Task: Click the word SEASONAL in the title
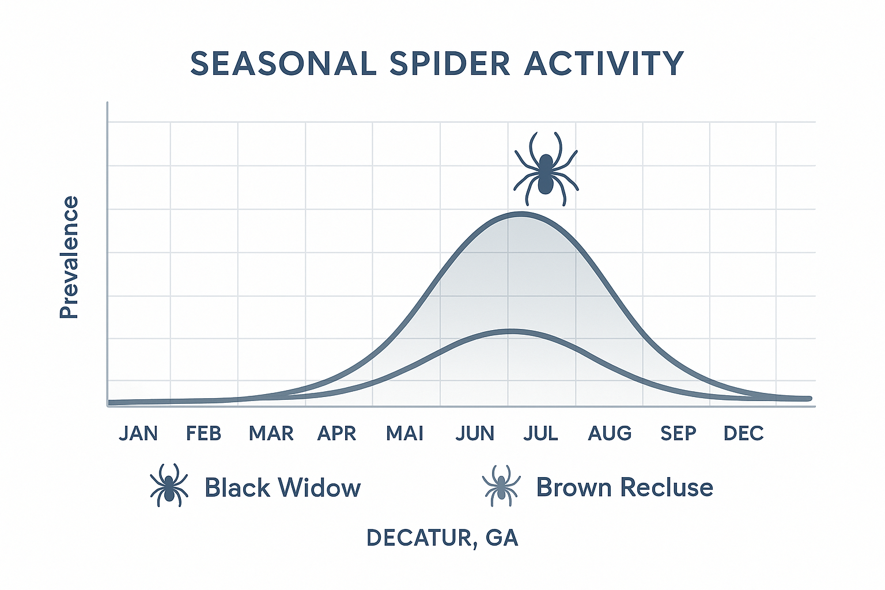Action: [x=283, y=63]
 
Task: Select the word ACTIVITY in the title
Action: [x=604, y=63]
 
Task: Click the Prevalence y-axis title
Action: [x=69, y=257]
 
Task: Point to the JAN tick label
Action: [x=138, y=433]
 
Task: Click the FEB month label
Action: [x=203, y=433]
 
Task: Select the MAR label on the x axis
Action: [x=271, y=433]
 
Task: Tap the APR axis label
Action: [x=337, y=433]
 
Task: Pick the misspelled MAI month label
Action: [x=404, y=433]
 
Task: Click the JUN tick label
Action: [x=475, y=433]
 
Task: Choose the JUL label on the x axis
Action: [x=540, y=433]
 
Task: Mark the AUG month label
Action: [x=610, y=433]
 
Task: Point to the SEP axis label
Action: [x=678, y=433]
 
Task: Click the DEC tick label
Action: [x=743, y=433]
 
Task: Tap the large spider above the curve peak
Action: [x=546, y=169]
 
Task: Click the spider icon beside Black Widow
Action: [x=169, y=486]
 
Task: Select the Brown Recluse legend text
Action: [x=625, y=487]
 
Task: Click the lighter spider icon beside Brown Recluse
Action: [x=501, y=486]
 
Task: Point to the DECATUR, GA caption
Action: [x=442, y=538]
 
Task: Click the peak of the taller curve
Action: [x=521, y=214]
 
